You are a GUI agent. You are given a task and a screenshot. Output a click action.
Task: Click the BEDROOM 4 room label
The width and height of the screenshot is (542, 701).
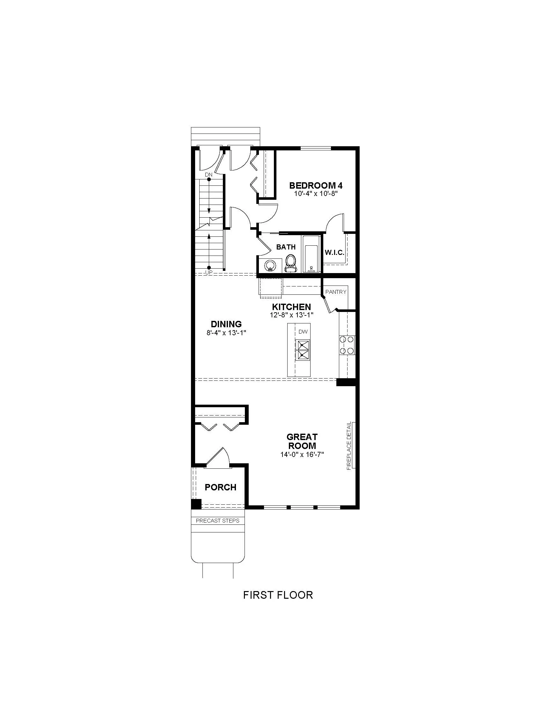coord(316,185)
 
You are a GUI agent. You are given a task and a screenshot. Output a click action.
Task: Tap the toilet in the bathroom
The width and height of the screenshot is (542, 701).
coord(290,264)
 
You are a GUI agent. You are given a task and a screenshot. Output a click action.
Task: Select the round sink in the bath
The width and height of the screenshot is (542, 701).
coord(270,266)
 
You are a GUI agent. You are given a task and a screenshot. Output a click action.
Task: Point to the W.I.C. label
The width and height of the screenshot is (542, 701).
coord(334,252)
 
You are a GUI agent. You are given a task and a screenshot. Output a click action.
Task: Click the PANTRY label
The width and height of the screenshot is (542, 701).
coord(336,292)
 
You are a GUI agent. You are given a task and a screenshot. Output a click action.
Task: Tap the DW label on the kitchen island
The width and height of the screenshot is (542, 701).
coord(303,332)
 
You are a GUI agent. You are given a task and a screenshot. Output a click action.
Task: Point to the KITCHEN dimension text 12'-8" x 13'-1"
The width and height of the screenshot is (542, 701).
coord(291,315)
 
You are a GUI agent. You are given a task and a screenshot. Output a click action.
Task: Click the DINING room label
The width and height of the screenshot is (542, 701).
coord(226,324)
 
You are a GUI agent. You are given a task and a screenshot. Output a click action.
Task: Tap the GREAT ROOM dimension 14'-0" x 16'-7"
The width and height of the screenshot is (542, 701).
coord(302,454)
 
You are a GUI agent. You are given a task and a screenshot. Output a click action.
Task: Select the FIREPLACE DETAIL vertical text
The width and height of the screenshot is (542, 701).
coord(349,446)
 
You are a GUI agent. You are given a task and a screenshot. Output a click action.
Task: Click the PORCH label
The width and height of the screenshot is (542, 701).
coord(221,487)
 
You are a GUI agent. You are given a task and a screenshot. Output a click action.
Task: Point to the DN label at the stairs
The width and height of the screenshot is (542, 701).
coord(209,175)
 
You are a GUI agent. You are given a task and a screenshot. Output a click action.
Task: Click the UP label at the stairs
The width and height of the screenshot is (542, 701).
coord(209,272)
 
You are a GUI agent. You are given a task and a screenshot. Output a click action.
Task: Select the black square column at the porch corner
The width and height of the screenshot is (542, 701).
coord(196,504)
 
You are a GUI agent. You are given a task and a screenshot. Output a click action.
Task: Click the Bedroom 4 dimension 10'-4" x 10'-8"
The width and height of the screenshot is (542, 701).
coord(316,194)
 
